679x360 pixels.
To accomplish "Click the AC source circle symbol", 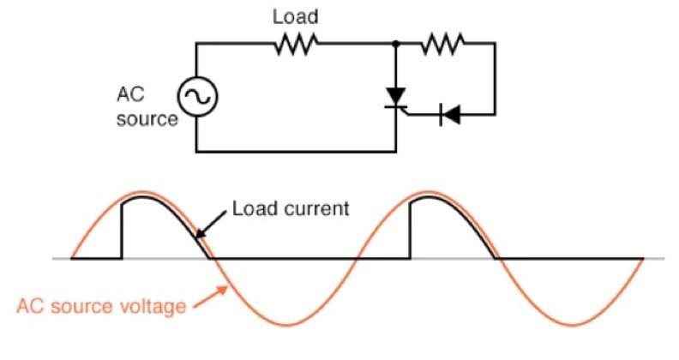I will (x=196, y=98).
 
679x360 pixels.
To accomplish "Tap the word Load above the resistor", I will (x=297, y=16).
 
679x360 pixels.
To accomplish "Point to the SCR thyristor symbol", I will (x=395, y=97).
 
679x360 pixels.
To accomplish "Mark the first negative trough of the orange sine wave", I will (x=286, y=325).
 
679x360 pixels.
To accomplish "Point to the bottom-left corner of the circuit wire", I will (x=196, y=152).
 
